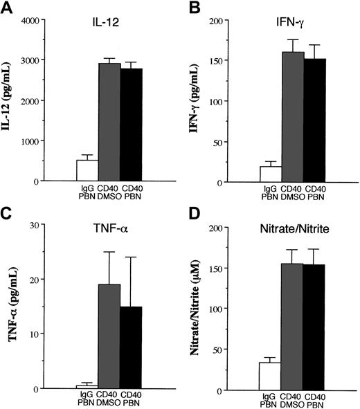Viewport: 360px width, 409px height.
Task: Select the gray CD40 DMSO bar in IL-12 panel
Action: tap(109, 122)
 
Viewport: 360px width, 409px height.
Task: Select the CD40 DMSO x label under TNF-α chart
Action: tap(109, 398)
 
